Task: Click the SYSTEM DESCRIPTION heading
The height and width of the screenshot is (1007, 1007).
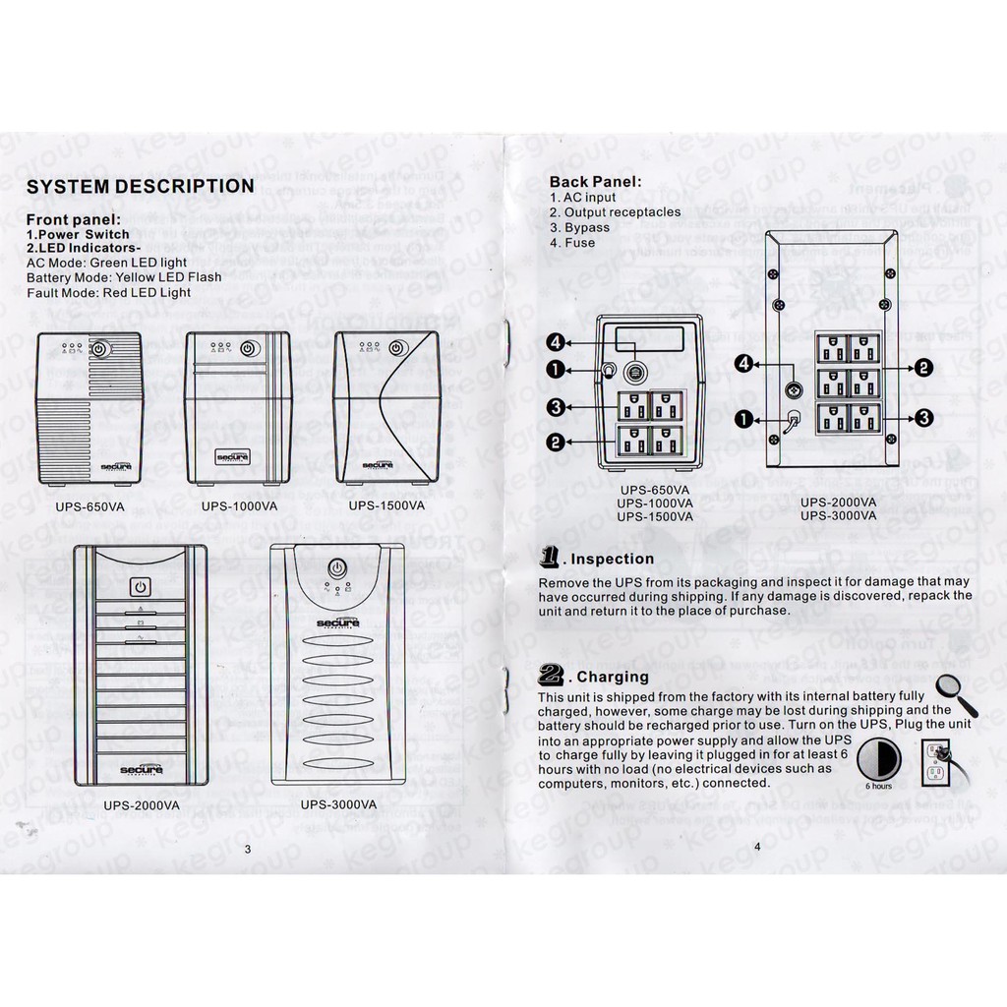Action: click(x=139, y=186)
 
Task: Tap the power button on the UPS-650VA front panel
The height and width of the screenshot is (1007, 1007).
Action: click(x=100, y=348)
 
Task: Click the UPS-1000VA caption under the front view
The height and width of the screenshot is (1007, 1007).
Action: click(x=239, y=506)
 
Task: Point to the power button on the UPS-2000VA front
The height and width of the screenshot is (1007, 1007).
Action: click(x=140, y=588)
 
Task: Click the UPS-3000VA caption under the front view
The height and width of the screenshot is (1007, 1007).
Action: click(x=338, y=803)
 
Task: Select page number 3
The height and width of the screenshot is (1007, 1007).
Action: click(x=248, y=849)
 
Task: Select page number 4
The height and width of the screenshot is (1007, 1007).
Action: click(x=756, y=846)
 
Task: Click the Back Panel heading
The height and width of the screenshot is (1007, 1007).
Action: click(x=595, y=181)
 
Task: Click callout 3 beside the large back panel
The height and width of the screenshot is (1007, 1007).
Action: click(x=923, y=418)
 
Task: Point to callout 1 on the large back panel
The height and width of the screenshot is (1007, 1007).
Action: click(x=744, y=419)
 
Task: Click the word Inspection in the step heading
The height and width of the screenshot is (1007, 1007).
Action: click(x=612, y=560)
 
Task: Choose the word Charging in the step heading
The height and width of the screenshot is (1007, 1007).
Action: click(x=613, y=677)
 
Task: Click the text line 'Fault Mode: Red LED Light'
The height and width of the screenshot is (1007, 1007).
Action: click(x=108, y=292)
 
